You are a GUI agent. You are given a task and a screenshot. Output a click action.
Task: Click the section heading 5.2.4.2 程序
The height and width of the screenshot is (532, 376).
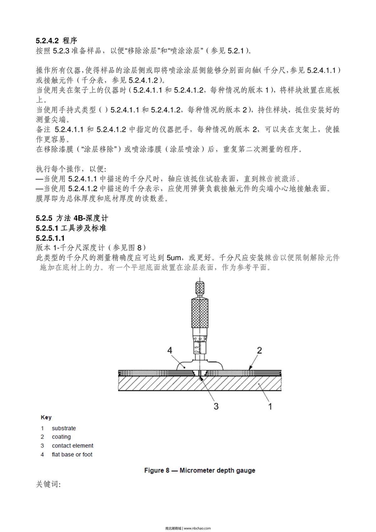pyautogui.click(x=56, y=41)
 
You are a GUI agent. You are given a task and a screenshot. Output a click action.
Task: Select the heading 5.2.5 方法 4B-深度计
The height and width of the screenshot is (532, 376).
pyautogui.click(x=72, y=218)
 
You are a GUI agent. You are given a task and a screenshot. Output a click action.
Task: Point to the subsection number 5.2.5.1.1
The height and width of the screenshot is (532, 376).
pyautogui.click(x=50, y=238)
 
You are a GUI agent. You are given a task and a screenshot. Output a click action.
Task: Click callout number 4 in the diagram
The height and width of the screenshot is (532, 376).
pyautogui.click(x=170, y=350)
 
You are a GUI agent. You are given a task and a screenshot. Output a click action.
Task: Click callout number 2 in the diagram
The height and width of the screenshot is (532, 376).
pyautogui.click(x=259, y=350)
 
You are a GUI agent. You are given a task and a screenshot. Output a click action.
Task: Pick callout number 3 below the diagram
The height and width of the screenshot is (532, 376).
pyautogui.click(x=216, y=406)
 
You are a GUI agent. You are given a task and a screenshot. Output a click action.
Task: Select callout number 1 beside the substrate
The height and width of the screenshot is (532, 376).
pyautogui.click(x=270, y=406)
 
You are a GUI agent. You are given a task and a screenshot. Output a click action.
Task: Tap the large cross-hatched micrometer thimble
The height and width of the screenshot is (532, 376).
pyautogui.click(x=200, y=313)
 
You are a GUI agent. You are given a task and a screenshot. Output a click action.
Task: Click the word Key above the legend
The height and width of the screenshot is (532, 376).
pyautogui.click(x=46, y=417)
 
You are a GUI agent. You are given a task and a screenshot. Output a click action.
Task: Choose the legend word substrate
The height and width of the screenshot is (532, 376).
pyautogui.click(x=64, y=428)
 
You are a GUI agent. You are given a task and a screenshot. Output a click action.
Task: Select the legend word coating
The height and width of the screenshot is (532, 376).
pyautogui.click(x=61, y=437)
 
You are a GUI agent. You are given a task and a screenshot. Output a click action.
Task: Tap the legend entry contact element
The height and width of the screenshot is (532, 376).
pyautogui.click(x=73, y=446)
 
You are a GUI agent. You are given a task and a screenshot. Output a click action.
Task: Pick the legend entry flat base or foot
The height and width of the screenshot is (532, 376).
pyautogui.click(x=72, y=454)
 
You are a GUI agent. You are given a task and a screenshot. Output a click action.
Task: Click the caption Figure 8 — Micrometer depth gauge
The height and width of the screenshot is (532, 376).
pyautogui.click(x=200, y=470)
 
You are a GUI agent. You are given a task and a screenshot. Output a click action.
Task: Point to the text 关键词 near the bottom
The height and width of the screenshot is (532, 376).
pyautogui.click(x=48, y=484)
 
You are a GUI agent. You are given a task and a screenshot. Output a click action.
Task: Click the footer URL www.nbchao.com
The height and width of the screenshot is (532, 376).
pyautogui.click(x=197, y=528)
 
